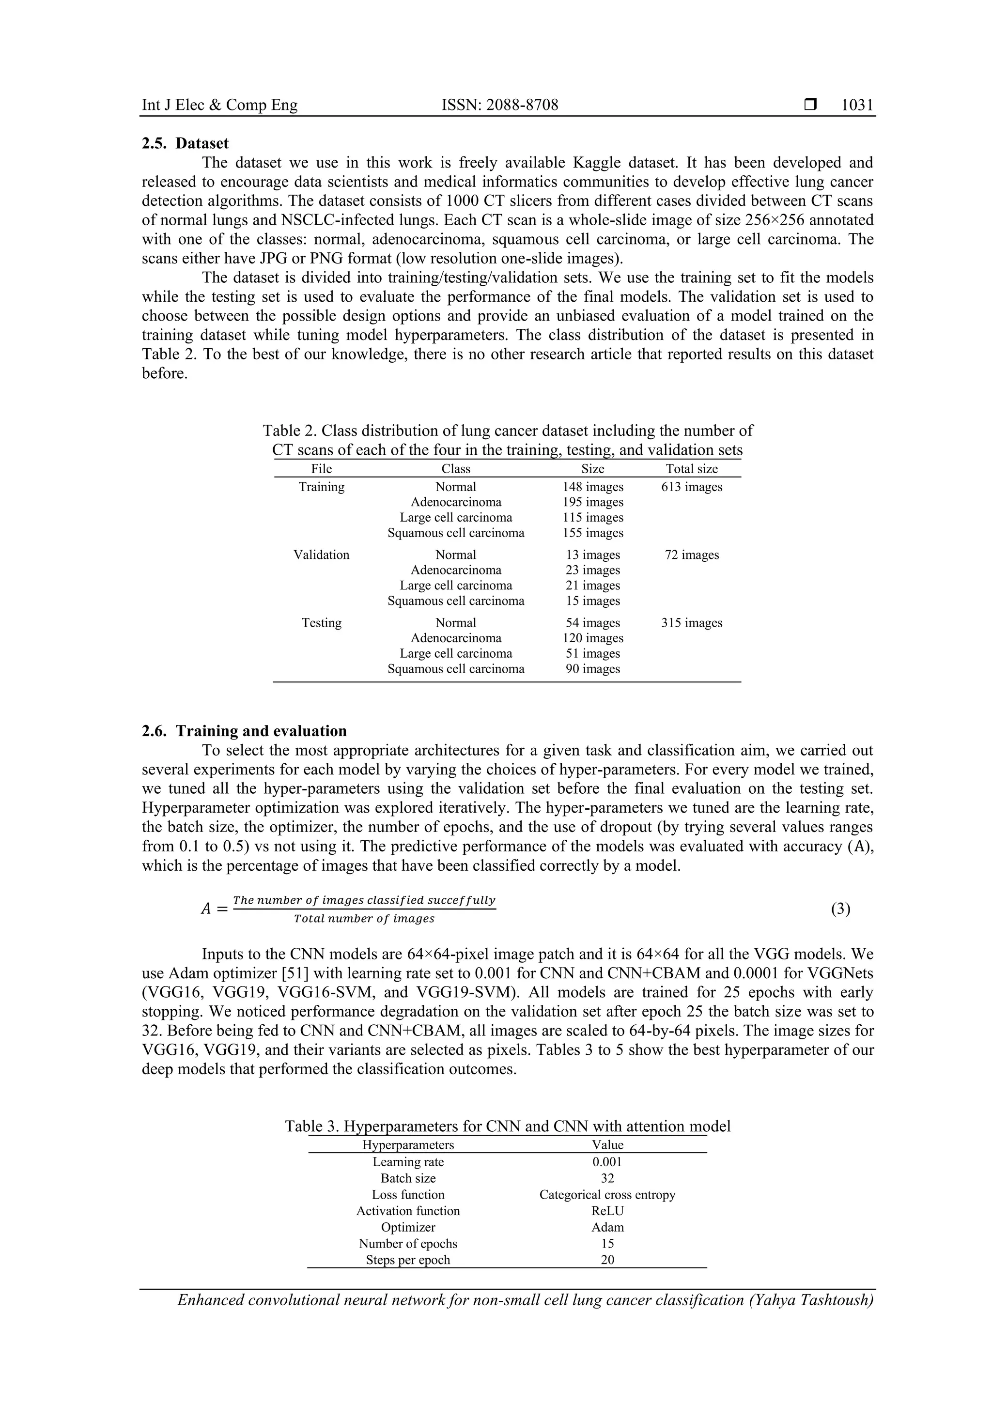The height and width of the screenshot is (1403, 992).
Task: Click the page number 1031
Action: tap(857, 105)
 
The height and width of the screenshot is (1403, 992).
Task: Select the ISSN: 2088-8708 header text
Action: tap(499, 105)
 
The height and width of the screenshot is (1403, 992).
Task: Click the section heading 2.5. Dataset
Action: tap(185, 144)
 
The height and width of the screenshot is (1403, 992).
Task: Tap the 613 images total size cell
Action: tap(691, 487)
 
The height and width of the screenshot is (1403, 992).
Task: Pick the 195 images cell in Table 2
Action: tap(592, 502)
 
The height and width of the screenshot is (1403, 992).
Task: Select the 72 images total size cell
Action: tap(691, 555)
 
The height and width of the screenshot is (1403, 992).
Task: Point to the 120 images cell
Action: tap(592, 638)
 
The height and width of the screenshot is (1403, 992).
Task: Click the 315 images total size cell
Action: tap(691, 623)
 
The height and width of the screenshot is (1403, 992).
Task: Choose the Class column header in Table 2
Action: tap(455, 469)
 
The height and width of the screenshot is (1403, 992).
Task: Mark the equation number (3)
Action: tap(840, 909)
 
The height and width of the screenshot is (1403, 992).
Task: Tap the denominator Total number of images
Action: tap(364, 918)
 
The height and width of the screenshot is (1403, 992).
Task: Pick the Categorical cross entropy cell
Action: tap(607, 1195)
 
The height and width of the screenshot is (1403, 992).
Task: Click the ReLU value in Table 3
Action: tap(607, 1211)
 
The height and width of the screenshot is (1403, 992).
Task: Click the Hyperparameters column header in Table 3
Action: tap(408, 1145)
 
